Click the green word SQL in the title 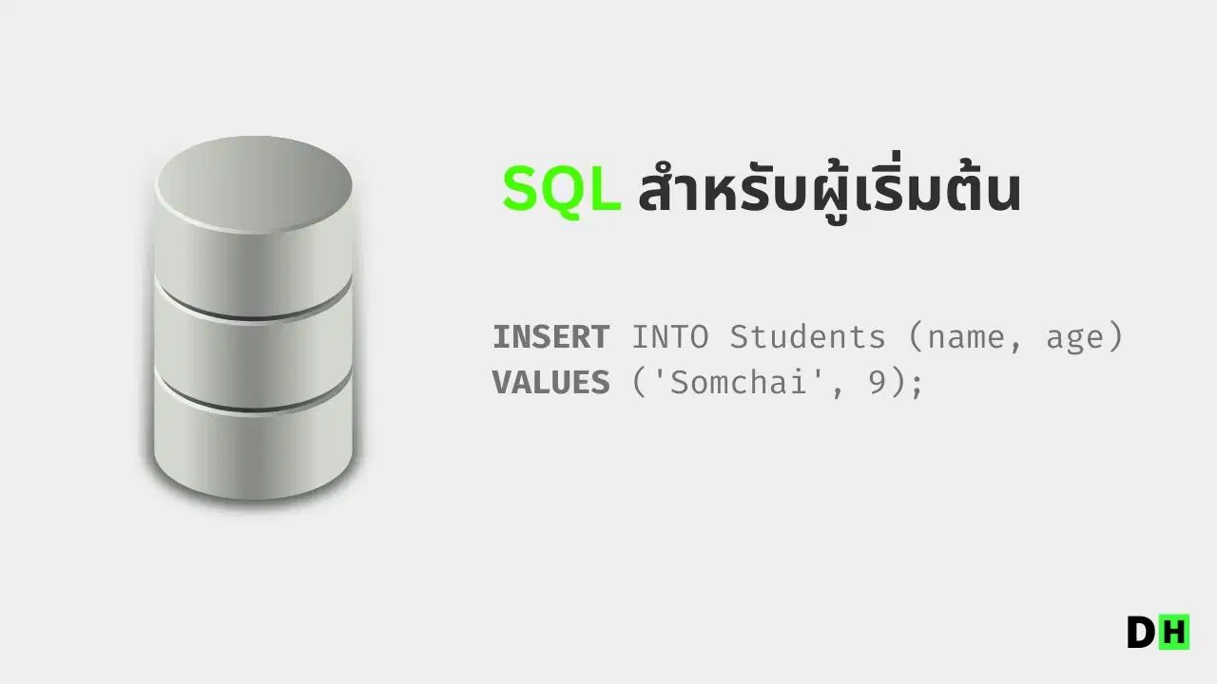click(x=562, y=189)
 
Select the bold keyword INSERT click(x=551, y=337)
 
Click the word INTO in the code click(x=670, y=337)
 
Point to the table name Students click(x=807, y=336)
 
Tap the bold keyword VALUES click(x=551, y=382)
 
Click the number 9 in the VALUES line click(x=878, y=382)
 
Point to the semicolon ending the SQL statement click(x=918, y=385)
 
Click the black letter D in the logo click(x=1142, y=632)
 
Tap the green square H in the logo click(x=1174, y=632)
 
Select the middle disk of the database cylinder click(x=254, y=348)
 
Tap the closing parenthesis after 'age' click(x=1116, y=337)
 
